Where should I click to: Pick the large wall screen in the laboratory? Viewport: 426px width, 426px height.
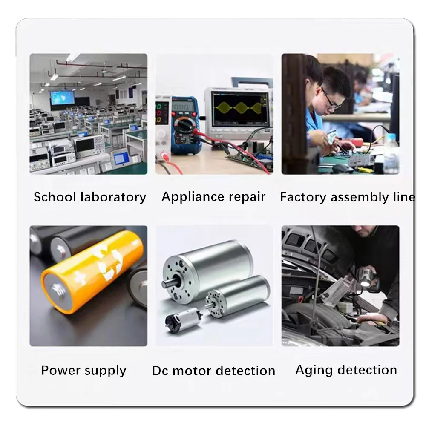(62, 98)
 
